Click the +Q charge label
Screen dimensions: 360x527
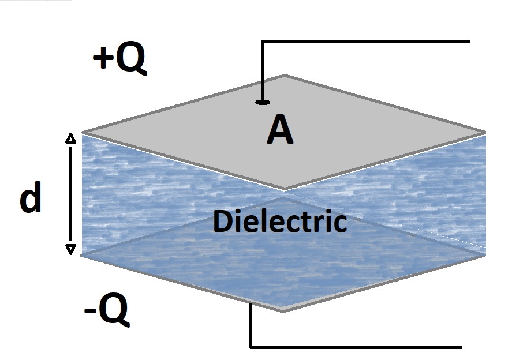tap(119, 59)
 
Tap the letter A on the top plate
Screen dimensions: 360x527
tap(280, 131)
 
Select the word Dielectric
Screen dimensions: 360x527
tap(280, 222)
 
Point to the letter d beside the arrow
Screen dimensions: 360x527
tap(31, 199)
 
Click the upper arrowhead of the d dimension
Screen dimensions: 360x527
tap(70, 137)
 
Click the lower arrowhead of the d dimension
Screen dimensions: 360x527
tap(70, 249)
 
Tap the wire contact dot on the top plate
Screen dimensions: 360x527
tap(263, 103)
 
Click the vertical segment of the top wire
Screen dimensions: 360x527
tap(263, 72)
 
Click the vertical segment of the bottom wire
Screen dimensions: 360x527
tap(251, 326)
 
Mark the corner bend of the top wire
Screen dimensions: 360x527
tap(263, 42)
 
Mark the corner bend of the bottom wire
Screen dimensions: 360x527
tap(251, 347)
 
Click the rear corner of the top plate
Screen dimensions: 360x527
tap(284, 75)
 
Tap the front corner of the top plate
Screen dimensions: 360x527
tap(284, 189)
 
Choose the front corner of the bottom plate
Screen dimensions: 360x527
tap(283, 311)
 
